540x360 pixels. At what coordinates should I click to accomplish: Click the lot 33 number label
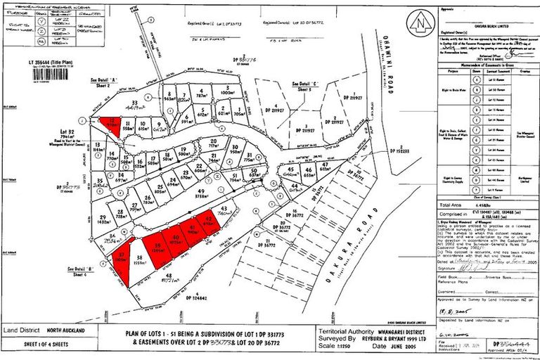(x=134, y=102)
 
